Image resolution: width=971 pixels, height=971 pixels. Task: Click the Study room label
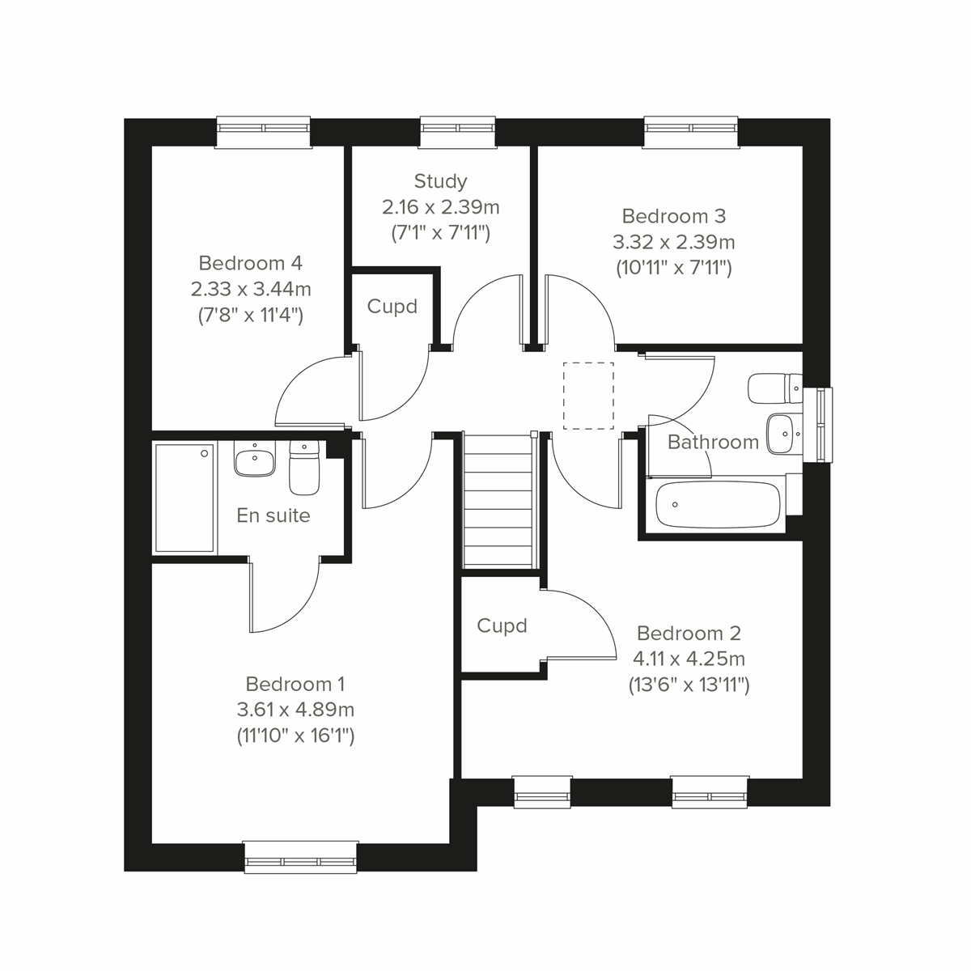click(x=440, y=180)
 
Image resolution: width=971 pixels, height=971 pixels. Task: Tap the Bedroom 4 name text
click(x=250, y=263)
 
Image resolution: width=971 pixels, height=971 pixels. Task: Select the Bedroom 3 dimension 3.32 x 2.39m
click(x=673, y=242)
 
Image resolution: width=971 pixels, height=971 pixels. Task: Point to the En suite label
click(x=273, y=515)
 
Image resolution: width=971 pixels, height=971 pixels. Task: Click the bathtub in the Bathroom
click(x=717, y=506)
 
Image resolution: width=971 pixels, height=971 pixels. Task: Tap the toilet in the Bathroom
click(x=773, y=388)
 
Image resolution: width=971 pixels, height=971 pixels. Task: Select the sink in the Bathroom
click(x=782, y=433)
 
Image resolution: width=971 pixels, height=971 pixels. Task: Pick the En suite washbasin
click(x=254, y=460)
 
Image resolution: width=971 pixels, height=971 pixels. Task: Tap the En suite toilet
click(x=304, y=468)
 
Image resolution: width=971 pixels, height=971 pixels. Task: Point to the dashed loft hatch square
click(x=588, y=395)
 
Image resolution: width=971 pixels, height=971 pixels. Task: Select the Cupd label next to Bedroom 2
click(x=502, y=625)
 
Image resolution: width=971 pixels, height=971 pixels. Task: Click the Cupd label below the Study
click(x=392, y=307)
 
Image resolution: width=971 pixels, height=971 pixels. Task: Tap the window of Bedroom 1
click(x=300, y=857)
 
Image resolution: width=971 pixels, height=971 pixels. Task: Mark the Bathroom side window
click(x=824, y=425)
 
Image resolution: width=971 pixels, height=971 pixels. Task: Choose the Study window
click(x=457, y=133)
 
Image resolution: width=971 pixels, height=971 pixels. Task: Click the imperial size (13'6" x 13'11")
click(x=689, y=685)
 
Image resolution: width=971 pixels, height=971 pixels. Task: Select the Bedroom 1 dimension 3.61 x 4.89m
click(x=295, y=710)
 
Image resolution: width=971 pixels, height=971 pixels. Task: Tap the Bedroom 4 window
click(x=264, y=133)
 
